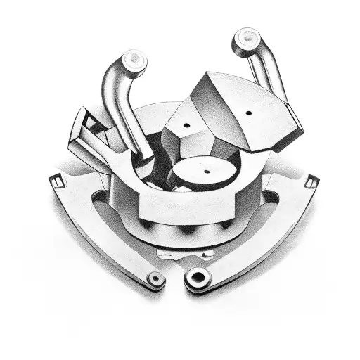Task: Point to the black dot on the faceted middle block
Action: pyautogui.click(x=188, y=124)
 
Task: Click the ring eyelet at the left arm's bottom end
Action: pyautogui.click(x=156, y=279)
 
